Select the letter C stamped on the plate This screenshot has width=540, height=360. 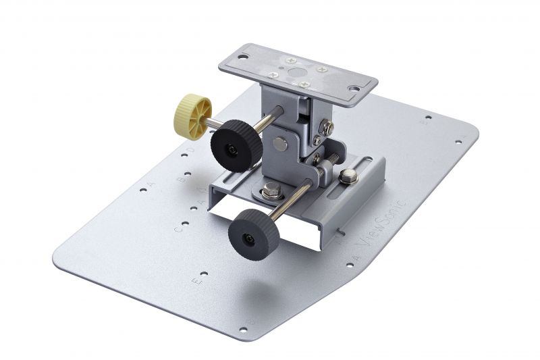tap(178, 230)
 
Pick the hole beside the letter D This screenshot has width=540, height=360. tap(183, 157)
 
